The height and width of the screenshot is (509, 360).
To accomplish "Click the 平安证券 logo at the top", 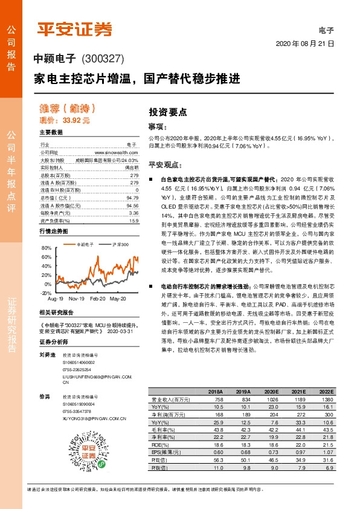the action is coord(76,29).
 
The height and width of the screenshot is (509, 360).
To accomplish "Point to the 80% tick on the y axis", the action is coord(47,248).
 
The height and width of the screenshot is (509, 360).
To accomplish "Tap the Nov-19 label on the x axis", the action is coord(76,299).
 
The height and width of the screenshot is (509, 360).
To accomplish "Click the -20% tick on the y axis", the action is coord(46,293).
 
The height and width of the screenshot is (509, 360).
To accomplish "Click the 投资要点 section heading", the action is coord(168,112).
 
